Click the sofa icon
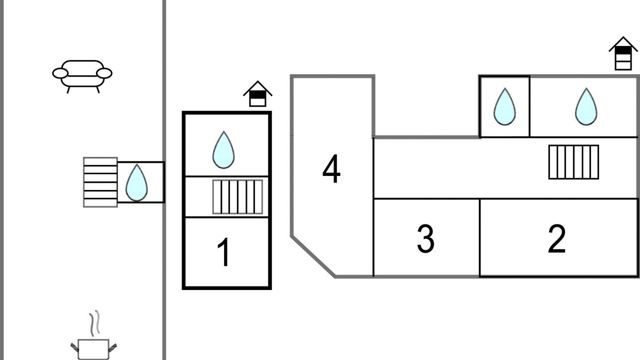(x=82, y=75)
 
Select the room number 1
(x=224, y=252)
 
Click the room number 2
(x=556, y=239)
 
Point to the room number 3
(x=425, y=239)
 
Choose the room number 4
(x=331, y=170)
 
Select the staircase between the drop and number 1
(x=237, y=196)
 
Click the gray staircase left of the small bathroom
(x=100, y=182)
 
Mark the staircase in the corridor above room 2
(x=573, y=162)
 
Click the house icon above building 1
(x=257, y=94)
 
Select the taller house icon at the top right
(x=623, y=53)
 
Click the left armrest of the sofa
(x=60, y=73)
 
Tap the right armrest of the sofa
(x=104, y=73)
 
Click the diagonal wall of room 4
(x=313, y=256)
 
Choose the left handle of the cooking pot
(x=75, y=345)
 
